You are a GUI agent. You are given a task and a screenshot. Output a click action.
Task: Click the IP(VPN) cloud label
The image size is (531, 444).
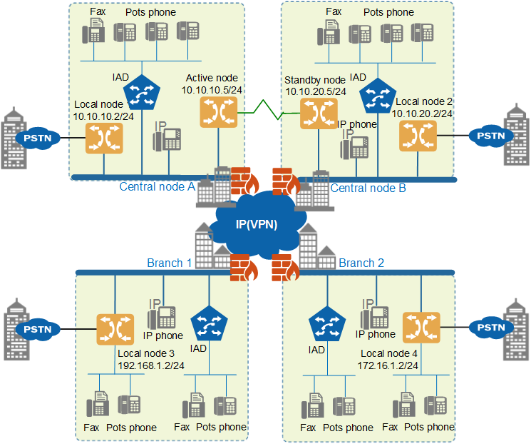(x=257, y=224)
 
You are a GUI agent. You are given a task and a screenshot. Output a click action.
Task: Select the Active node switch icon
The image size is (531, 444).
(x=218, y=112)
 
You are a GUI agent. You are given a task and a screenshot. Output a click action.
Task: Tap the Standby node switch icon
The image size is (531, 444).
(x=319, y=113)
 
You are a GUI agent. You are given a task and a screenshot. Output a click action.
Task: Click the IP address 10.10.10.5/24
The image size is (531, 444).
(x=212, y=90)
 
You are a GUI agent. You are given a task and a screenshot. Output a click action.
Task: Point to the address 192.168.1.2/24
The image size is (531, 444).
(x=151, y=365)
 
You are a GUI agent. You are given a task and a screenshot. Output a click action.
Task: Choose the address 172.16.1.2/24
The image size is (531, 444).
(x=388, y=365)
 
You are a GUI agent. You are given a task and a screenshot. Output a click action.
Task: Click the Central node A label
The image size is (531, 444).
(x=157, y=186)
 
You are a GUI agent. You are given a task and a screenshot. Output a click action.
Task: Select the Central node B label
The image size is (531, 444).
(x=368, y=188)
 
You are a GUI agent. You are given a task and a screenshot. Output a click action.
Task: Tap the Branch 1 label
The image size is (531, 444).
(x=170, y=263)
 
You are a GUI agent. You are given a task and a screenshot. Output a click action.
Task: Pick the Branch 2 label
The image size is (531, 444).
(x=361, y=263)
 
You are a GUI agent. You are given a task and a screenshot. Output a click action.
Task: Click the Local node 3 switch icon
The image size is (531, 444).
(x=115, y=329)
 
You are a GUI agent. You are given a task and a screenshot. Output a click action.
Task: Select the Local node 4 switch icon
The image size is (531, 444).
(x=421, y=328)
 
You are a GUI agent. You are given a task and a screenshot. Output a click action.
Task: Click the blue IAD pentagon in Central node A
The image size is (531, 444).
(x=142, y=93)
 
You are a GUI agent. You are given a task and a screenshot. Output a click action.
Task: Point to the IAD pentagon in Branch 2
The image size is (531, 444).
(x=327, y=324)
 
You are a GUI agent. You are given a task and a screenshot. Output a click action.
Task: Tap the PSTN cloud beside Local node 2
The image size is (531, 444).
(x=491, y=136)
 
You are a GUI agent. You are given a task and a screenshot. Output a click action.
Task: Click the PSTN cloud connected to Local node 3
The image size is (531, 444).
(x=38, y=329)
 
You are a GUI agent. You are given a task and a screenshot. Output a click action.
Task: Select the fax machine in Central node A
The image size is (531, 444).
(x=93, y=31)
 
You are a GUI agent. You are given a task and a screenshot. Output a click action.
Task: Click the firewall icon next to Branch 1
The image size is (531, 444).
(x=244, y=268)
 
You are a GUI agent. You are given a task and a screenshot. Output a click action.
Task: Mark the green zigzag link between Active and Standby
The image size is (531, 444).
(x=269, y=110)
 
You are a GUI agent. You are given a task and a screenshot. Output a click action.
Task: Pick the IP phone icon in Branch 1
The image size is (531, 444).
(x=162, y=314)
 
